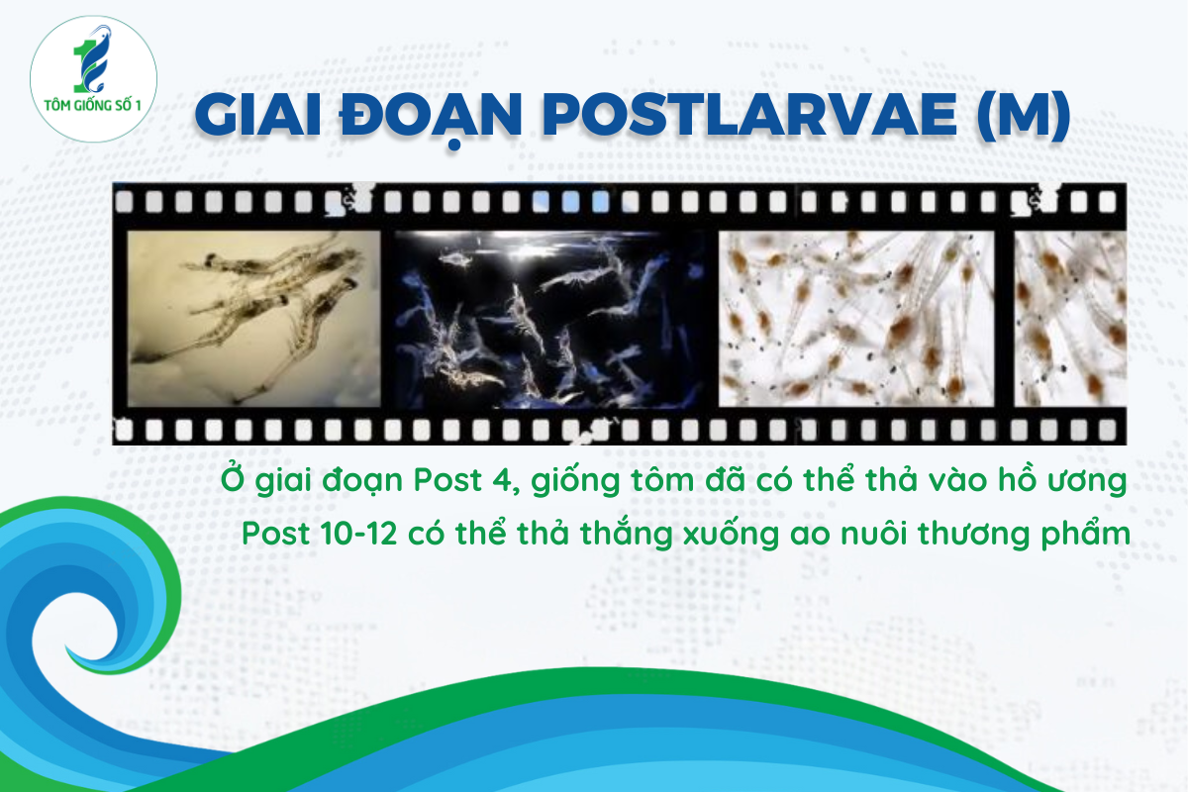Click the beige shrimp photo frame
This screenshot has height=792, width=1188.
point(253,319)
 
